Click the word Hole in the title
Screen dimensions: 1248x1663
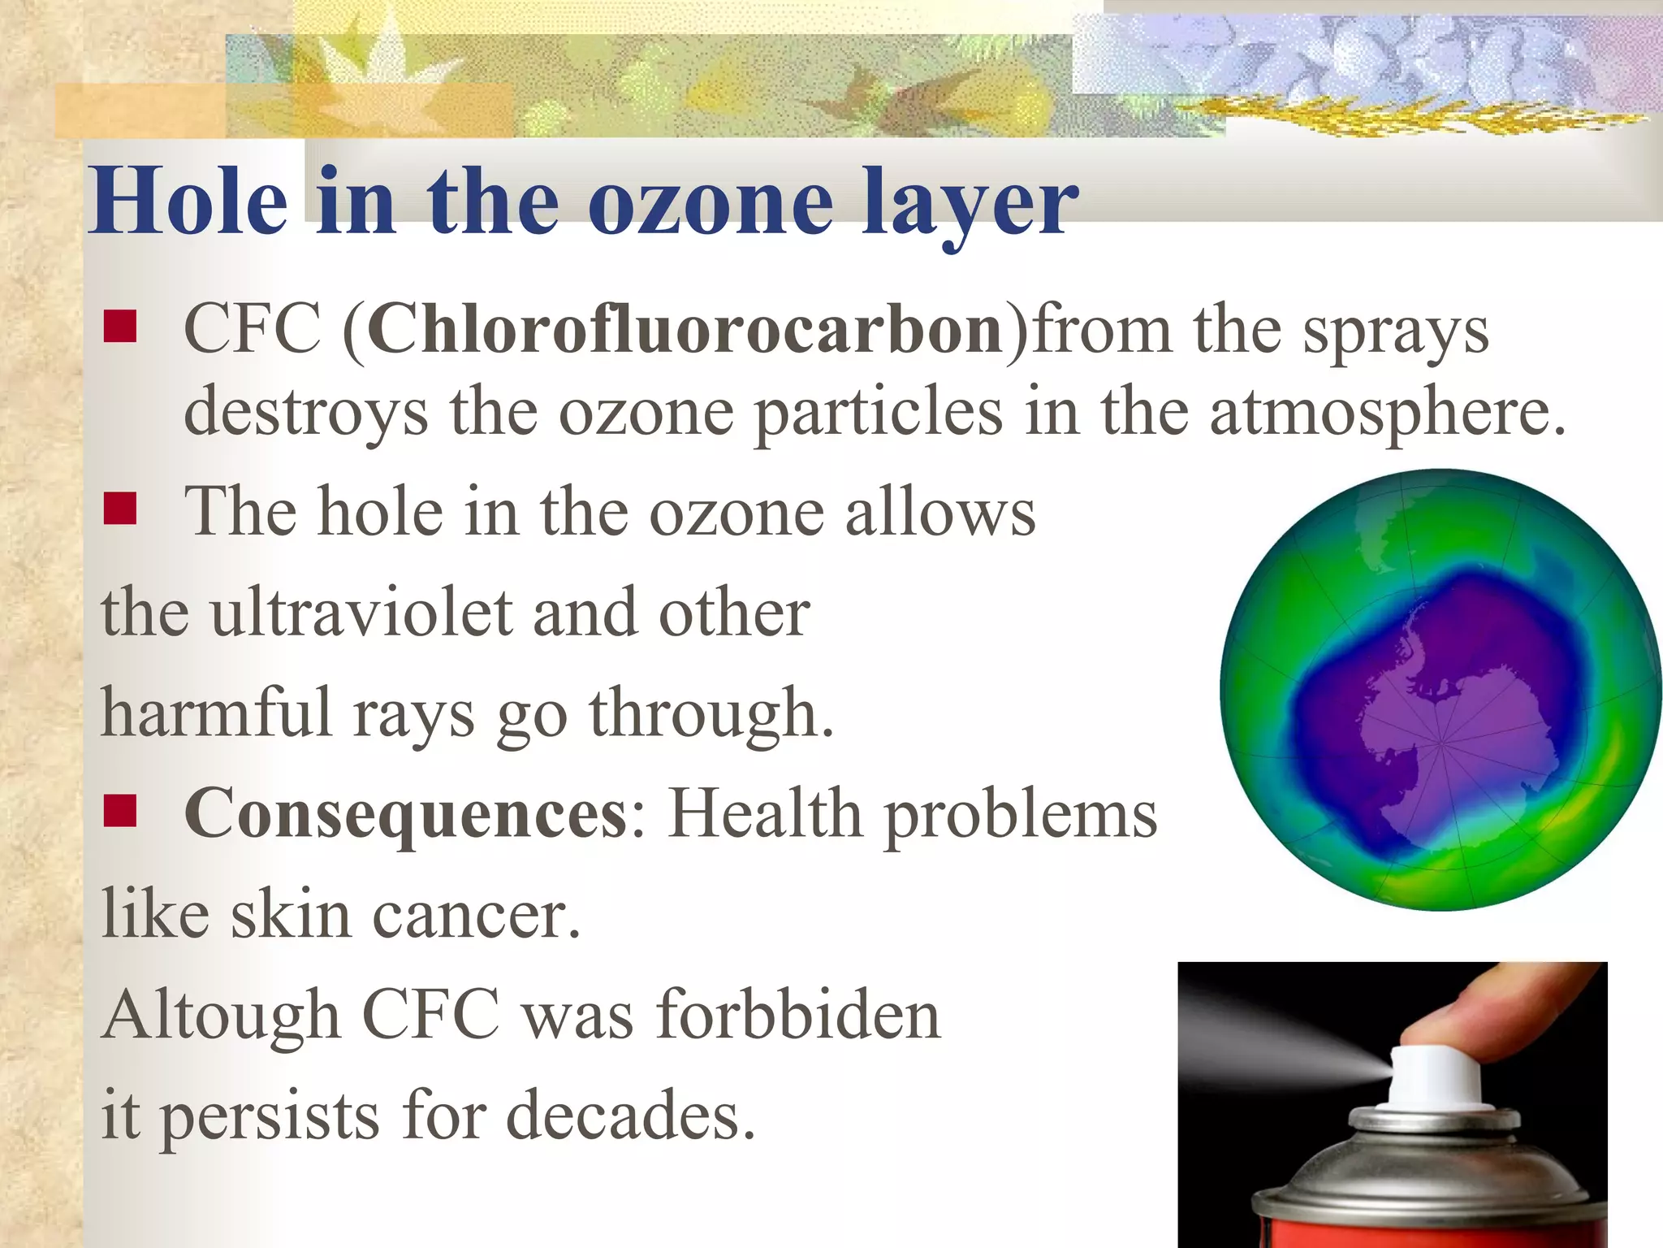point(188,201)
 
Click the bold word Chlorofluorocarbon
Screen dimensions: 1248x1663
point(685,330)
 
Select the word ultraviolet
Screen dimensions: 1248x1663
point(361,613)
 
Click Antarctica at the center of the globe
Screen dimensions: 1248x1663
point(1437,731)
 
